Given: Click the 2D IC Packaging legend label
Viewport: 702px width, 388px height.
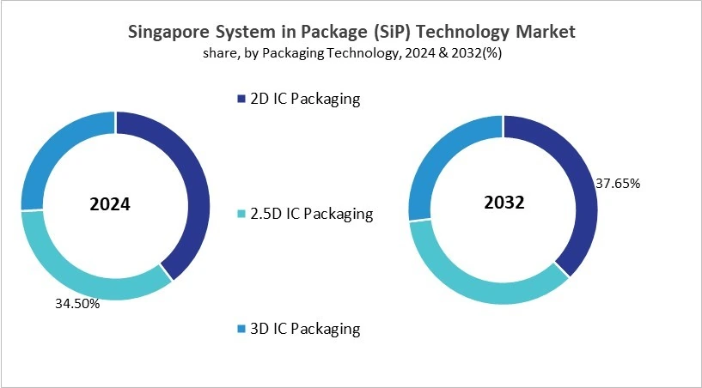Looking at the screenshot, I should point(304,99).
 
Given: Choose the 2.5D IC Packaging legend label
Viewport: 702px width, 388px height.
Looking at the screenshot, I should point(311,214).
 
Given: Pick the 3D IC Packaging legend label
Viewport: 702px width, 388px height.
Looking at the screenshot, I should point(304,328).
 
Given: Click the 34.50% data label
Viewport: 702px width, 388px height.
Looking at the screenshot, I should point(76,303).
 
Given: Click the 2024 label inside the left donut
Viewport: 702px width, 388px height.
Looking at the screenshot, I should point(111,205).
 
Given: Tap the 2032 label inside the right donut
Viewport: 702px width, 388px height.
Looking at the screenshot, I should point(503,203).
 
